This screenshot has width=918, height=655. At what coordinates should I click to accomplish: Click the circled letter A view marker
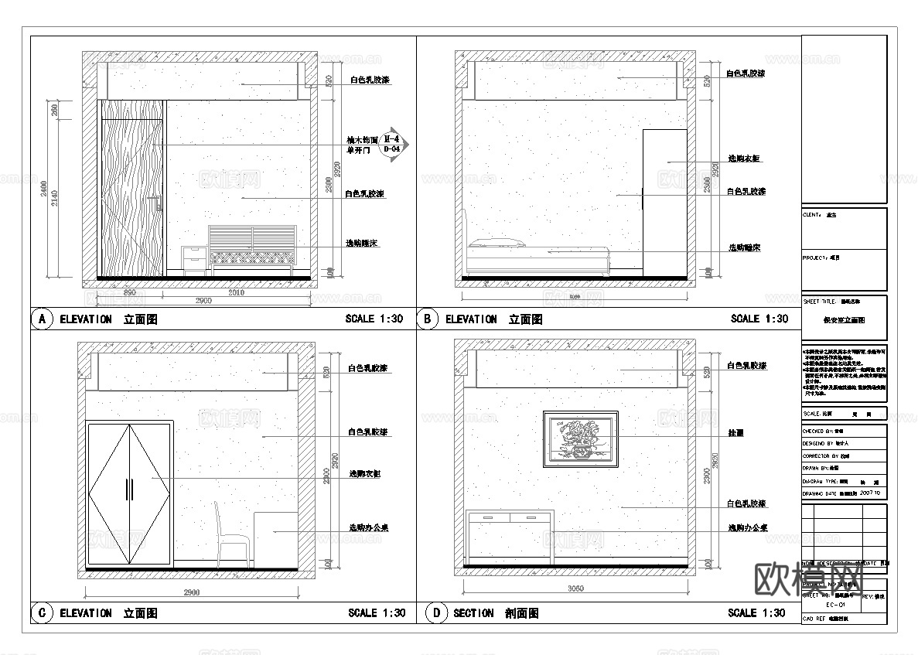[42, 319]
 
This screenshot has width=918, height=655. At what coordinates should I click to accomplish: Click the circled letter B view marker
[428, 319]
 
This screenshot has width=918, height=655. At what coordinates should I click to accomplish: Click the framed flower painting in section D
[581, 438]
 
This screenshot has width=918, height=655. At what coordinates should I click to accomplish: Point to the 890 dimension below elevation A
[129, 292]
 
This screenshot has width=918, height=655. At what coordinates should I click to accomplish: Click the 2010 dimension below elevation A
[237, 292]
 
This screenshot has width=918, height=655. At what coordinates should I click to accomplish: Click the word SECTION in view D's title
[473, 613]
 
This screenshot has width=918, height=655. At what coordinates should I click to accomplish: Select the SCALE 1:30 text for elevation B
[759, 319]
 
